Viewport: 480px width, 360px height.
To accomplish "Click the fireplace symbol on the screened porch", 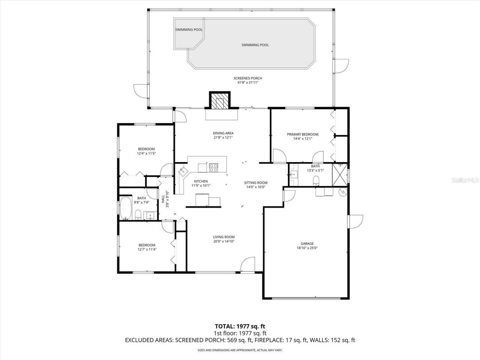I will tap(219, 100).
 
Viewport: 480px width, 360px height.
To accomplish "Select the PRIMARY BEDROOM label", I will tap(303, 134).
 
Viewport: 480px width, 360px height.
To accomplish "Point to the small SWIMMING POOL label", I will tap(189, 30).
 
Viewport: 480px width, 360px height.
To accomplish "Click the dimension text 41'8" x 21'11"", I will tap(248, 82).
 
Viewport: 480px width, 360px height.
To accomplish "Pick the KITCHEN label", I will tap(201, 181).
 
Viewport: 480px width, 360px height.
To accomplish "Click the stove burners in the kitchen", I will tap(213, 167).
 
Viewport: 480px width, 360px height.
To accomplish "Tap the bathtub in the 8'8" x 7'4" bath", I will tap(125, 208).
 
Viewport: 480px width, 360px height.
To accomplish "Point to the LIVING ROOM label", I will tap(224, 237).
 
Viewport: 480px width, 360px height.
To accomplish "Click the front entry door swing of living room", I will tap(248, 264).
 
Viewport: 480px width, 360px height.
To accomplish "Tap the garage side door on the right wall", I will tap(356, 221).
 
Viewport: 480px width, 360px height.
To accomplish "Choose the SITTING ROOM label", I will tap(256, 183).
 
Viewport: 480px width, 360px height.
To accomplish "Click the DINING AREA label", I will tap(223, 133).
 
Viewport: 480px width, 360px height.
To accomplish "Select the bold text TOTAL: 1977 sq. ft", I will tap(240, 326).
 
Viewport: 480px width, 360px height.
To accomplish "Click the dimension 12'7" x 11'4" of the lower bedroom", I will tap(147, 249).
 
